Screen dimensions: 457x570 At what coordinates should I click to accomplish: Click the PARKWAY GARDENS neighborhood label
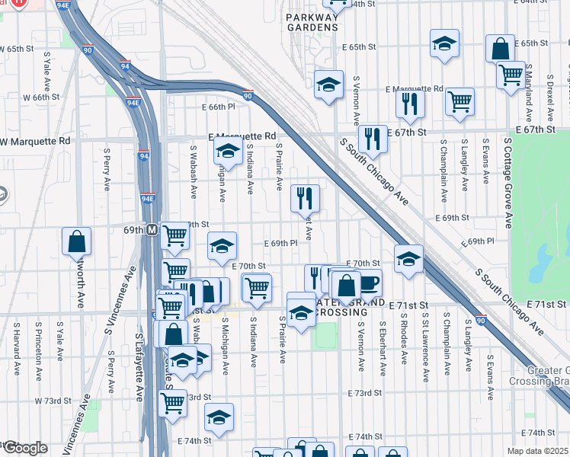click(x=311, y=21)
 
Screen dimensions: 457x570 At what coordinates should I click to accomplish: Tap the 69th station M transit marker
click(x=152, y=229)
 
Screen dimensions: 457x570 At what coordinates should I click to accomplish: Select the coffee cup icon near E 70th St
click(x=369, y=283)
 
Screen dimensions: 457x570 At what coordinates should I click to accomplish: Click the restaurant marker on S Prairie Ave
click(x=305, y=198)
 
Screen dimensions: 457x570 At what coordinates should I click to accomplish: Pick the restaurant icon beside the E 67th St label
click(x=372, y=139)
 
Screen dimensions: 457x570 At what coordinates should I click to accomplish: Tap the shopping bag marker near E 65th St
click(x=500, y=49)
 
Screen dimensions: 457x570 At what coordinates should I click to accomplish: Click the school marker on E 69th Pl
click(x=222, y=245)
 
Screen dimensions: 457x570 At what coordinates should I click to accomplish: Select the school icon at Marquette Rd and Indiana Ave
click(x=227, y=151)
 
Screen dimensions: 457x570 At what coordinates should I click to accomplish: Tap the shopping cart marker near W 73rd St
click(x=172, y=404)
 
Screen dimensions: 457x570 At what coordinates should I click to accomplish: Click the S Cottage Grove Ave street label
click(x=508, y=183)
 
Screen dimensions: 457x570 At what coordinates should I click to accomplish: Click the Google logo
click(x=24, y=448)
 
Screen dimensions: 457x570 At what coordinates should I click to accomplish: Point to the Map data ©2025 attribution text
click(x=538, y=451)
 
